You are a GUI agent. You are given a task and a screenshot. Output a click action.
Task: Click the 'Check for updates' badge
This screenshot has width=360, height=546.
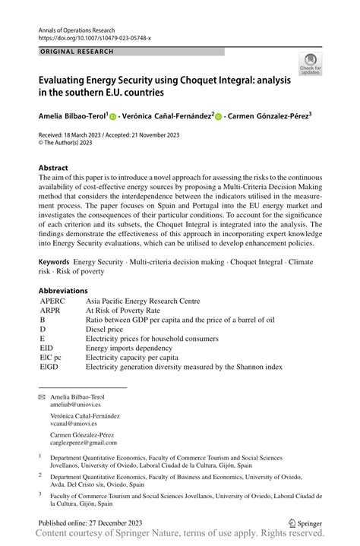click(310, 65)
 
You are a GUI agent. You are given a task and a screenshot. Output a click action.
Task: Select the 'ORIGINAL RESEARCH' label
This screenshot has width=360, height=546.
click(77, 52)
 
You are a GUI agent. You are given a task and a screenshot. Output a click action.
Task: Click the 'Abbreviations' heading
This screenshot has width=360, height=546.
click(63, 291)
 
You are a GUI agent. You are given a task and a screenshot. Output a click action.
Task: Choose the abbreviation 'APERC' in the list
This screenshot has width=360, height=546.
click(54, 301)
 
